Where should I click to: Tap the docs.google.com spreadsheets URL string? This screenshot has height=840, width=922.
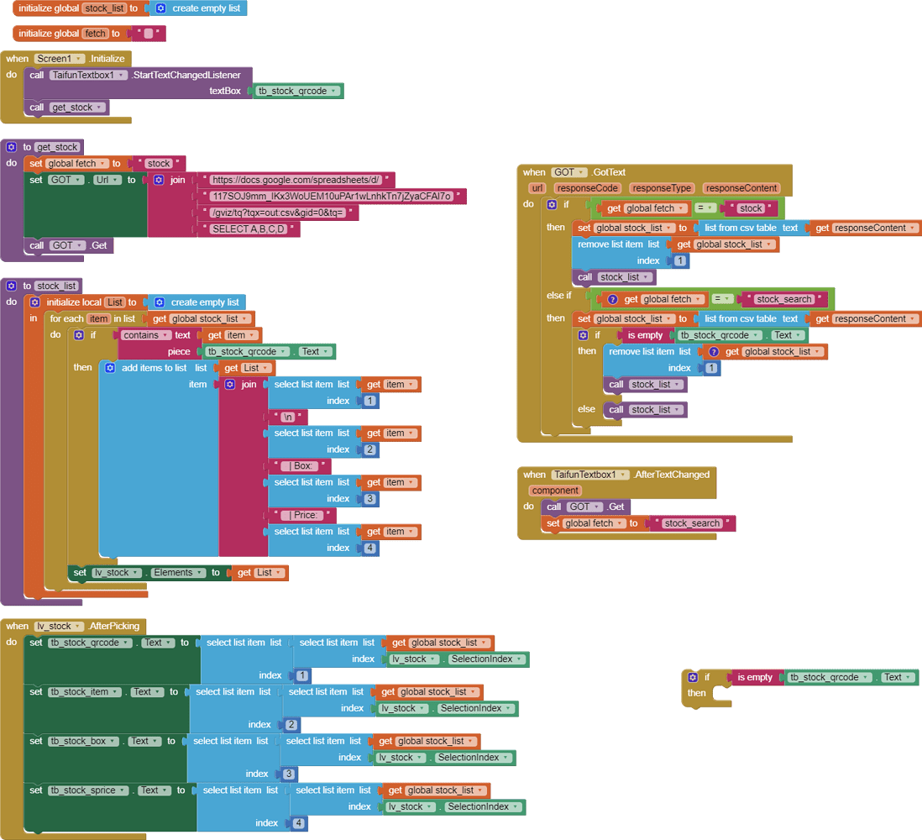coord(296,180)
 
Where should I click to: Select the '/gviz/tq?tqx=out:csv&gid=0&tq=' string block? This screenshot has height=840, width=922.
coord(278,213)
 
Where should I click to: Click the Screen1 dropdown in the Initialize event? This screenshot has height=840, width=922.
coord(60,59)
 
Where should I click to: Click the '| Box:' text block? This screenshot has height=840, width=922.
coord(300,466)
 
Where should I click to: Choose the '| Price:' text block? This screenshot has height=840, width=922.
coord(302,515)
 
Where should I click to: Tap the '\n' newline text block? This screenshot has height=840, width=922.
coord(288,417)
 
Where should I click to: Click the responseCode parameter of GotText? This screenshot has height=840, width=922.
coord(588,188)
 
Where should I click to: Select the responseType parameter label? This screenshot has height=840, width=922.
coord(662,188)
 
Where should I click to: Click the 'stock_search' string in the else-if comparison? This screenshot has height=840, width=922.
coord(783,299)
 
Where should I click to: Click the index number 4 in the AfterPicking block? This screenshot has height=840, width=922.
coord(299,823)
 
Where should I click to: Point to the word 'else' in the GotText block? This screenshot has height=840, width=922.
coord(586,409)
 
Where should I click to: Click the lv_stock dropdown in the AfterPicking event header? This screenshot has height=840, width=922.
coord(58,626)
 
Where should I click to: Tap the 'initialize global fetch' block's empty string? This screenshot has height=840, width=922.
coord(149,34)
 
